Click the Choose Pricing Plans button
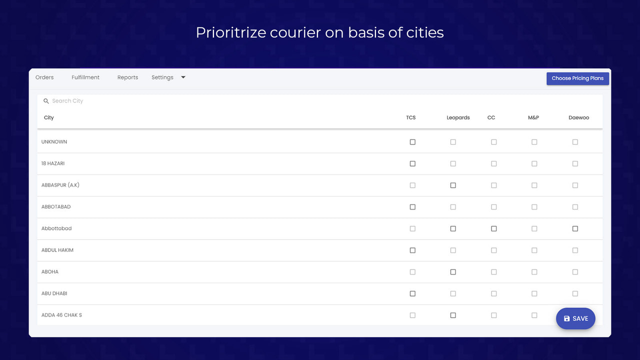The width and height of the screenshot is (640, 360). (577, 78)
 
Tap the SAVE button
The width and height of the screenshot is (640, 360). (575, 318)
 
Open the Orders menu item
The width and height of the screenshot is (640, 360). (44, 77)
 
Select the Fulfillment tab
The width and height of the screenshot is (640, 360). (85, 77)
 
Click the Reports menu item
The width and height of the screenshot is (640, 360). (127, 77)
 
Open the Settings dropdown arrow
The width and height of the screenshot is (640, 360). (183, 77)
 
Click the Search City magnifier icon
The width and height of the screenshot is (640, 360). (46, 101)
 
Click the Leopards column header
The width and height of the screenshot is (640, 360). (458, 118)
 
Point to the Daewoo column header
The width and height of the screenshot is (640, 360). (578, 118)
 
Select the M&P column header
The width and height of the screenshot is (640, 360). (533, 118)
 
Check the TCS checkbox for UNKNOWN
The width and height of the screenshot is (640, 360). (412, 142)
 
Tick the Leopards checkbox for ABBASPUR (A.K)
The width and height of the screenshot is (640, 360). (453, 185)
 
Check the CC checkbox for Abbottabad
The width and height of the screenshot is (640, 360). (494, 228)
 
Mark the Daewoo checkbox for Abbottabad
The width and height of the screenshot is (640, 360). (575, 228)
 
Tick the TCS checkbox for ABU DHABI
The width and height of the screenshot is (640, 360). (412, 293)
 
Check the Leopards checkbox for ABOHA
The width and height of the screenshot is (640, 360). (453, 272)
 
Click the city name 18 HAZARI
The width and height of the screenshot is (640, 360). (53, 163)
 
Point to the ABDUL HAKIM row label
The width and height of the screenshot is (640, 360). (57, 250)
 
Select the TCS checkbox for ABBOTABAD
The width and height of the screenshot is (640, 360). (412, 207)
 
